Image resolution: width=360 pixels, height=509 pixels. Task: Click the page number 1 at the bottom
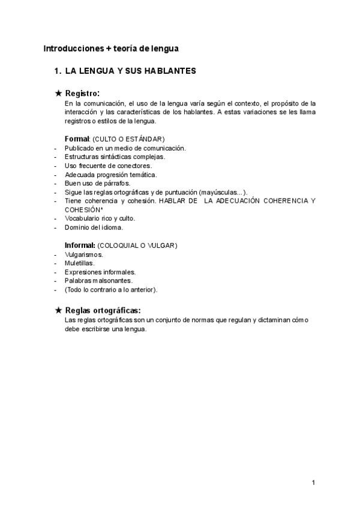(x=313, y=483)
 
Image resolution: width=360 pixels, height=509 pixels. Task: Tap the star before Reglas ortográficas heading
(x=58, y=310)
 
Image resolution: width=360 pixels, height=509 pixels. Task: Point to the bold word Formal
(x=76, y=139)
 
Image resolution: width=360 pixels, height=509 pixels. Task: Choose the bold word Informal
(x=80, y=245)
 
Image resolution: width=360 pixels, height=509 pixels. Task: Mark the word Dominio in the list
(x=77, y=227)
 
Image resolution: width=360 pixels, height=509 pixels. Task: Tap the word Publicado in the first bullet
(x=80, y=148)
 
